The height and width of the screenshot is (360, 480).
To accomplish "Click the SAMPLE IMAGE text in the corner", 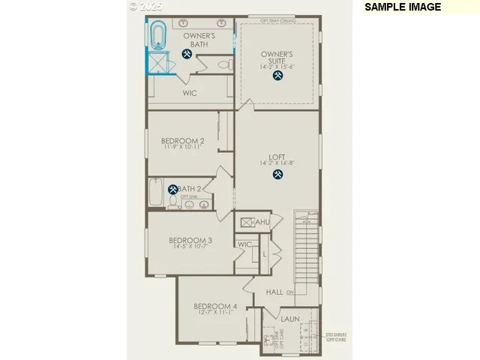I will pyautogui.click(x=402, y=7).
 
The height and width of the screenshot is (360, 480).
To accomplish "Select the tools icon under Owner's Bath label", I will pyautogui.click(x=187, y=54).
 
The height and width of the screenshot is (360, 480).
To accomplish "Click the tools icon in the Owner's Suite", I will pyautogui.click(x=277, y=75).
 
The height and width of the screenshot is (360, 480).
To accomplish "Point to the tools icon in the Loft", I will pyautogui.click(x=277, y=175).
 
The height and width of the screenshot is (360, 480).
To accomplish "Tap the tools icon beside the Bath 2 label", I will pyautogui.click(x=173, y=190).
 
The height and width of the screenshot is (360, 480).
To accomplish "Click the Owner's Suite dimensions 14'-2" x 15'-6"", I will pyautogui.click(x=277, y=65).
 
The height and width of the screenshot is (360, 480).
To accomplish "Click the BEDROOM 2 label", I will pyautogui.click(x=182, y=140).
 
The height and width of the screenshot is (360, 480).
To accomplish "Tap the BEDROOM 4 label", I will pyautogui.click(x=215, y=306).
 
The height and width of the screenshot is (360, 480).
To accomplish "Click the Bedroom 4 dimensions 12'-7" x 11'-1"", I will pyautogui.click(x=215, y=313).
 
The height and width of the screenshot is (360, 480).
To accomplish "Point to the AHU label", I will pyautogui.click(x=262, y=222).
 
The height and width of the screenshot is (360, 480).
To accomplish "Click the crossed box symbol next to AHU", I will pyautogui.click(x=245, y=221).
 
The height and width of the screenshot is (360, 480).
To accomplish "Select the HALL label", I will pyautogui.click(x=274, y=292).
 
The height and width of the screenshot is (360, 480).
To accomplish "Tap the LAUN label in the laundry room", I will pyautogui.click(x=289, y=319).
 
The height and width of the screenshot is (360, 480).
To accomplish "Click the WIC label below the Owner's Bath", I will pyautogui.click(x=190, y=94).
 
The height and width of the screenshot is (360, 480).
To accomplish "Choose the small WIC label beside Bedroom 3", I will pyautogui.click(x=244, y=244).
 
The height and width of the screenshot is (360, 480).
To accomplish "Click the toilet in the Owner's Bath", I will pyautogui.click(x=223, y=65).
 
